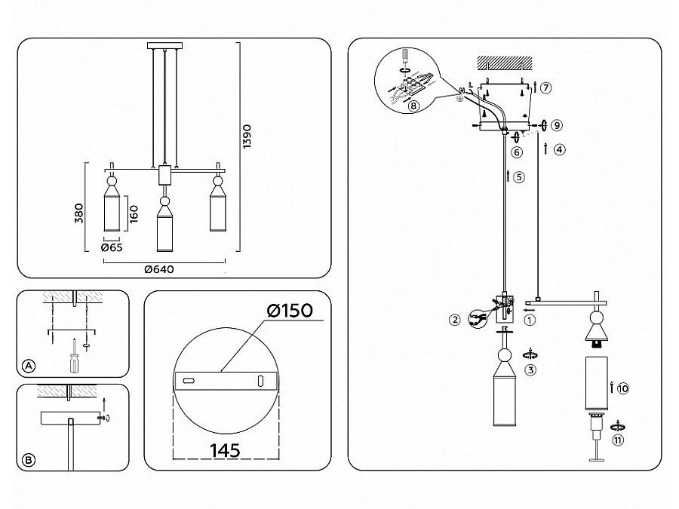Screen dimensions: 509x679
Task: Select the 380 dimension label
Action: (x=90, y=215)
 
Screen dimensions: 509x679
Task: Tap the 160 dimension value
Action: (x=133, y=215)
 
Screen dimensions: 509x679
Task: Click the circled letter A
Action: (x=28, y=366)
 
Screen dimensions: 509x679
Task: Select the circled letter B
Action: (x=28, y=458)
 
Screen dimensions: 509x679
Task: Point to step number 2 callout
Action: (x=454, y=320)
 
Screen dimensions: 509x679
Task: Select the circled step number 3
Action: (x=530, y=370)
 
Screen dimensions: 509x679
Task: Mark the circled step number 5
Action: (x=518, y=178)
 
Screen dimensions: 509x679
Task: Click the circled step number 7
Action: (x=545, y=87)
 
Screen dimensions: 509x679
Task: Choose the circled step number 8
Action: (x=413, y=106)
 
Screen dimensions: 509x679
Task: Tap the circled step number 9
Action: (x=557, y=124)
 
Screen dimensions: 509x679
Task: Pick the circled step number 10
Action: (x=622, y=389)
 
